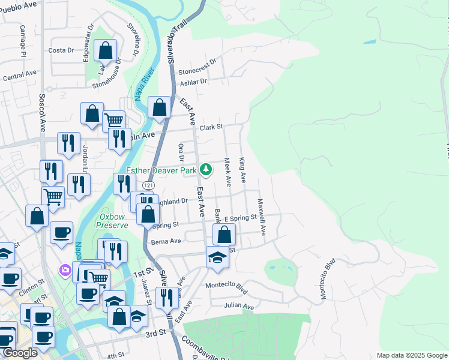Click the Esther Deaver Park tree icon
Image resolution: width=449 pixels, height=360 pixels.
206,170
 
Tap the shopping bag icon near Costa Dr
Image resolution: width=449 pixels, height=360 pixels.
105,51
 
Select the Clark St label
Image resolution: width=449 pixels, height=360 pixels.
211,127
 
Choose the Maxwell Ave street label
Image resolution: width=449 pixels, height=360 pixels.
261,217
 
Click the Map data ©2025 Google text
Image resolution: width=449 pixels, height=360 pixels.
411,355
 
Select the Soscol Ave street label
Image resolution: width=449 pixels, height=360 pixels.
42,112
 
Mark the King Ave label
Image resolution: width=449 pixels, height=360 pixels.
243,170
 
